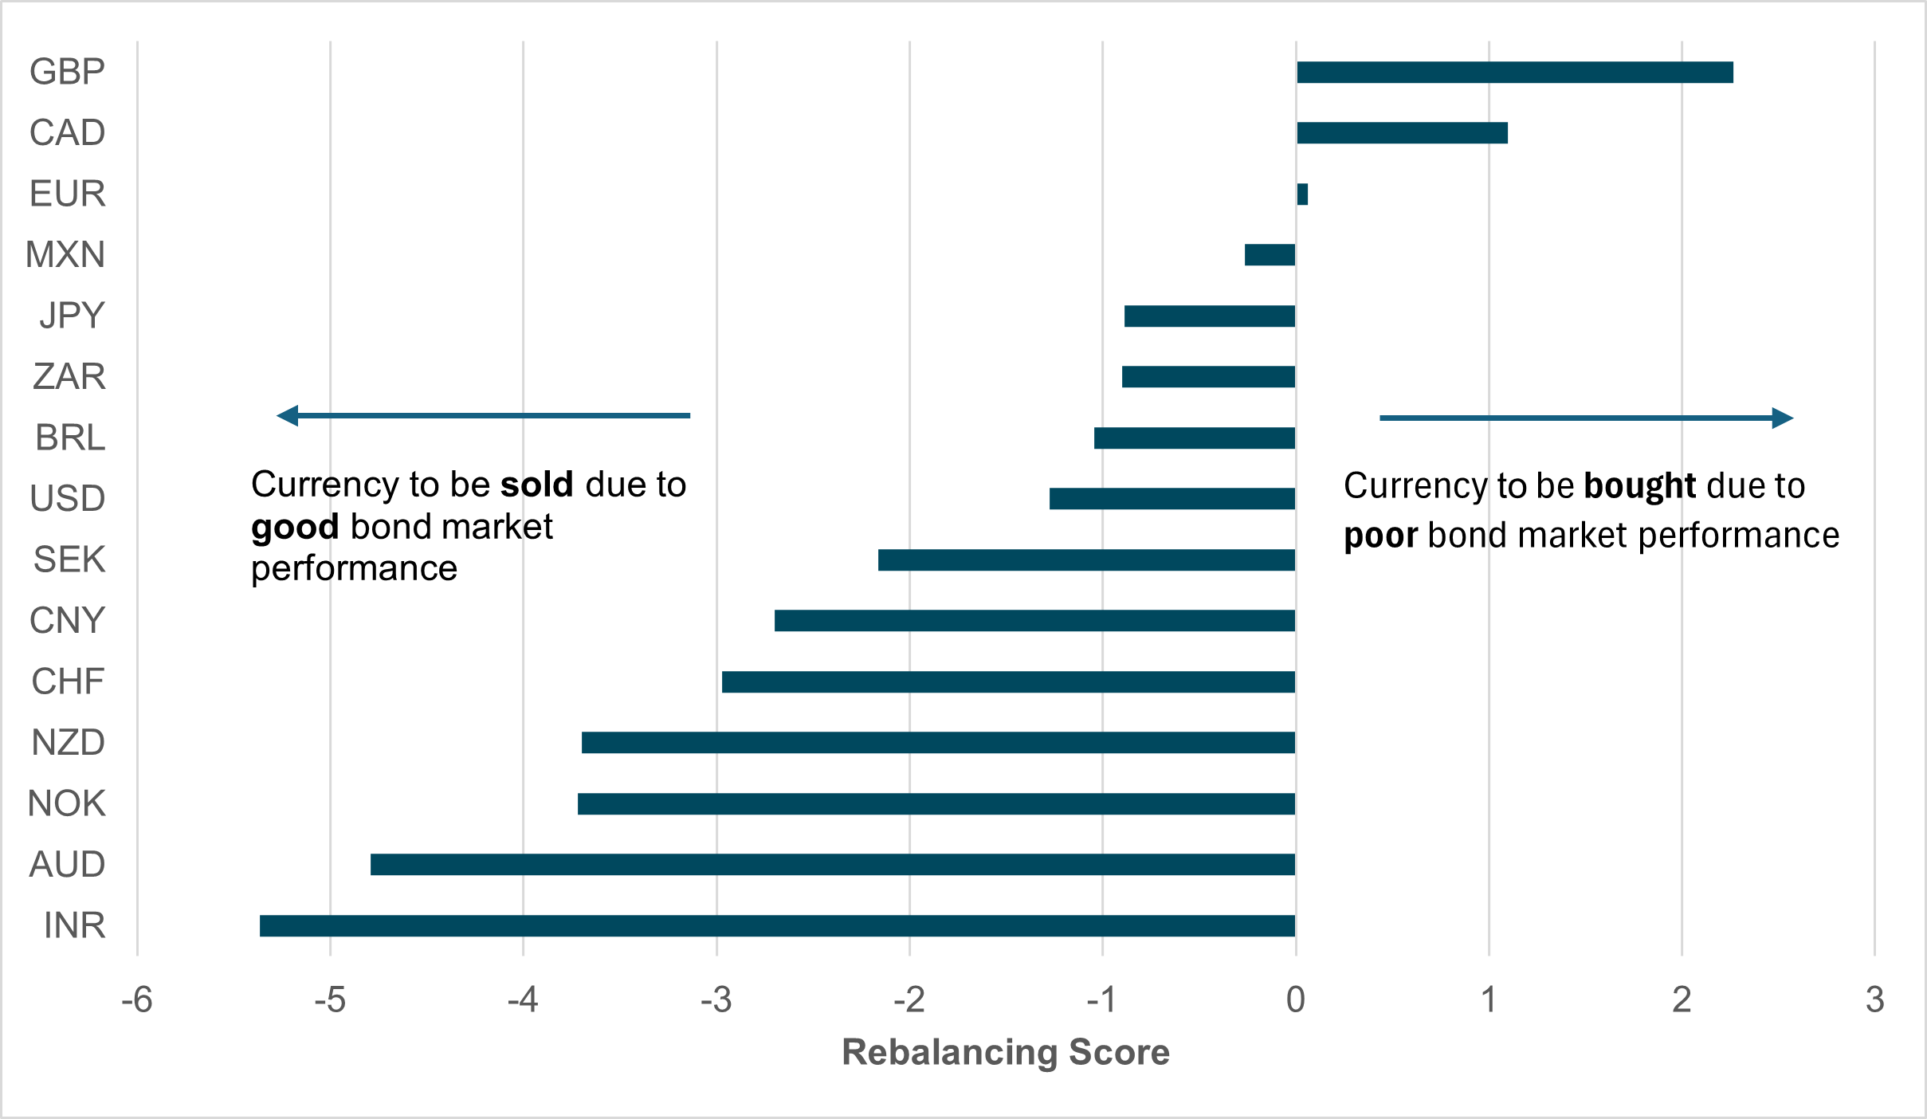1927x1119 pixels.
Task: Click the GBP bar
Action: pyautogui.click(x=1514, y=72)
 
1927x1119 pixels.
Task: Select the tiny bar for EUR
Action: pyautogui.click(x=1302, y=194)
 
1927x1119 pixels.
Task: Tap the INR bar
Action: pyautogui.click(x=777, y=925)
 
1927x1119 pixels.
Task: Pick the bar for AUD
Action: pyautogui.click(x=833, y=864)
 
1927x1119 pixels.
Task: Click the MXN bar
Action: pyautogui.click(x=1270, y=255)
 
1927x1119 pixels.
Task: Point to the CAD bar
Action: pyautogui.click(x=1402, y=132)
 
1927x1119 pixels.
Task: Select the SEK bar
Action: pyautogui.click(x=1086, y=559)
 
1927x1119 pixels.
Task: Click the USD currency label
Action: pyautogui.click(x=68, y=498)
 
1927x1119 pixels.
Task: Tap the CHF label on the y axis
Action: pyautogui.click(x=68, y=681)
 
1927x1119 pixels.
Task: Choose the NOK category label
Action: pyautogui.click(x=67, y=803)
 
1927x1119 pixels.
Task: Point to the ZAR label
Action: pyautogui.click(x=69, y=376)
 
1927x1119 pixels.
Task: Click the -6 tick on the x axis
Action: pyautogui.click(x=137, y=999)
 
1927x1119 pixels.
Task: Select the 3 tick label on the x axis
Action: pyautogui.click(x=1874, y=999)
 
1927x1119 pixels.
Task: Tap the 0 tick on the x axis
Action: pyautogui.click(x=1296, y=999)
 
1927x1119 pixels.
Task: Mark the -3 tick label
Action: pyautogui.click(x=716, y=999)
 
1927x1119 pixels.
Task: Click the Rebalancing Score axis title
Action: pyautogui.click(x=1006, y=1052)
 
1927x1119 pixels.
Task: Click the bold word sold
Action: pyautogui.click(x=537, y=485)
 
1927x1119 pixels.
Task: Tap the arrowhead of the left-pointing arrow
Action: pyautogui.click(x=287, y=415)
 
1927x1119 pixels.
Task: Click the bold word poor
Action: pyautogui.click(x=1380, y=536)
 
